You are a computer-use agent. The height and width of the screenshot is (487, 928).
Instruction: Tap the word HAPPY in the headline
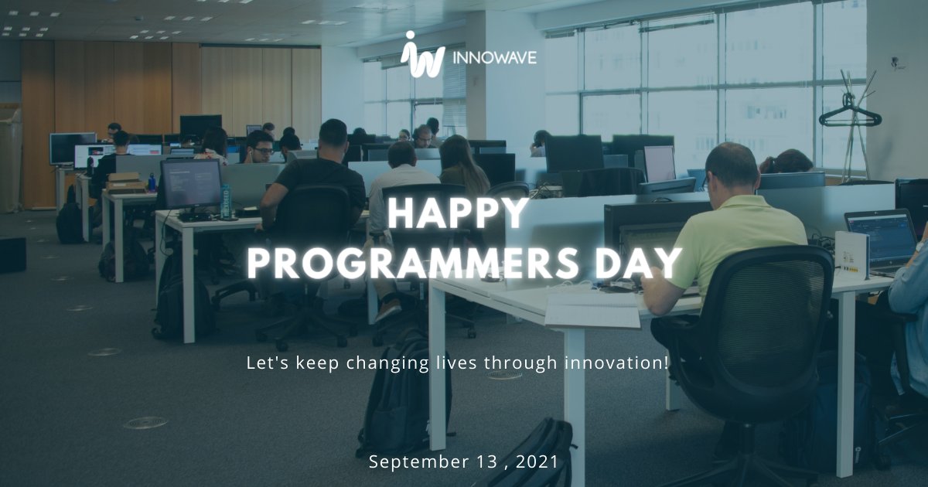point(459,213)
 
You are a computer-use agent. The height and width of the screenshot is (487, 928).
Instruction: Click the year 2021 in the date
point(534,462)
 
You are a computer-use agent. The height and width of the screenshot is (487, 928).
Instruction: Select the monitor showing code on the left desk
point(191,184)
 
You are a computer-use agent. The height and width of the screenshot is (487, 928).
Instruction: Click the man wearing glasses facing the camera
point(261,147)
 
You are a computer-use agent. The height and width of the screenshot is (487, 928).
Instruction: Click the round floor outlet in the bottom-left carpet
point(145,423)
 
